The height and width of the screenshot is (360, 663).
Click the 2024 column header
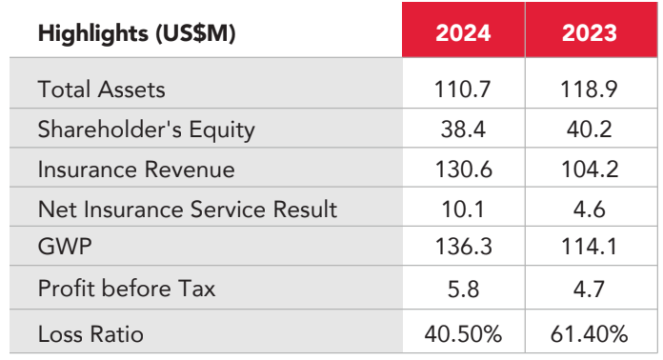click(463, 32)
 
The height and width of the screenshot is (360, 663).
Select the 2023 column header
click(590, 32)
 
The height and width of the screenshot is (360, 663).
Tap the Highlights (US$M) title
click(136, 33)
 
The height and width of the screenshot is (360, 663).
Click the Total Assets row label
click(102, 90)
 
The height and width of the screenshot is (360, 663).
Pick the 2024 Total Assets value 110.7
click(463, 90)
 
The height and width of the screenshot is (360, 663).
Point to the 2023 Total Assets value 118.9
click(589, 90)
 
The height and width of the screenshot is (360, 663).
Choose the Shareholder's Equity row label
click(147, 130)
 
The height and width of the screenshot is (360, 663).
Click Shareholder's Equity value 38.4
click(463, 130)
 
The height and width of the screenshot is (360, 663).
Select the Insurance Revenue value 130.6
click(463, 170)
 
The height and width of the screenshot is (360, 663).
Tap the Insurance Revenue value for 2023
click(590, 170)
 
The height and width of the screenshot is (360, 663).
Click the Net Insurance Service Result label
click(188, 210)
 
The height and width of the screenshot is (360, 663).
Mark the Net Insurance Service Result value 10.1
click(463, 210)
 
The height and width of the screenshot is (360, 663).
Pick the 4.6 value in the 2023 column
click(589, 210)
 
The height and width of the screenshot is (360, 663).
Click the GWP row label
click(65, 247)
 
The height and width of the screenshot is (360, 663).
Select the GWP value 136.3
click(463, 247)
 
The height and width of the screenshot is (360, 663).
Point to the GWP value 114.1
click(589, 247)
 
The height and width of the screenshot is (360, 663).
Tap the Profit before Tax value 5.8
click(463, 290)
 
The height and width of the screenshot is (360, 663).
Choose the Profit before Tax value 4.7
click(589, 290)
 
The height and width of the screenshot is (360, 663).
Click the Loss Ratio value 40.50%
click(463, 334)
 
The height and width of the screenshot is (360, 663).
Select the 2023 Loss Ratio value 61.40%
click(589, 334)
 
